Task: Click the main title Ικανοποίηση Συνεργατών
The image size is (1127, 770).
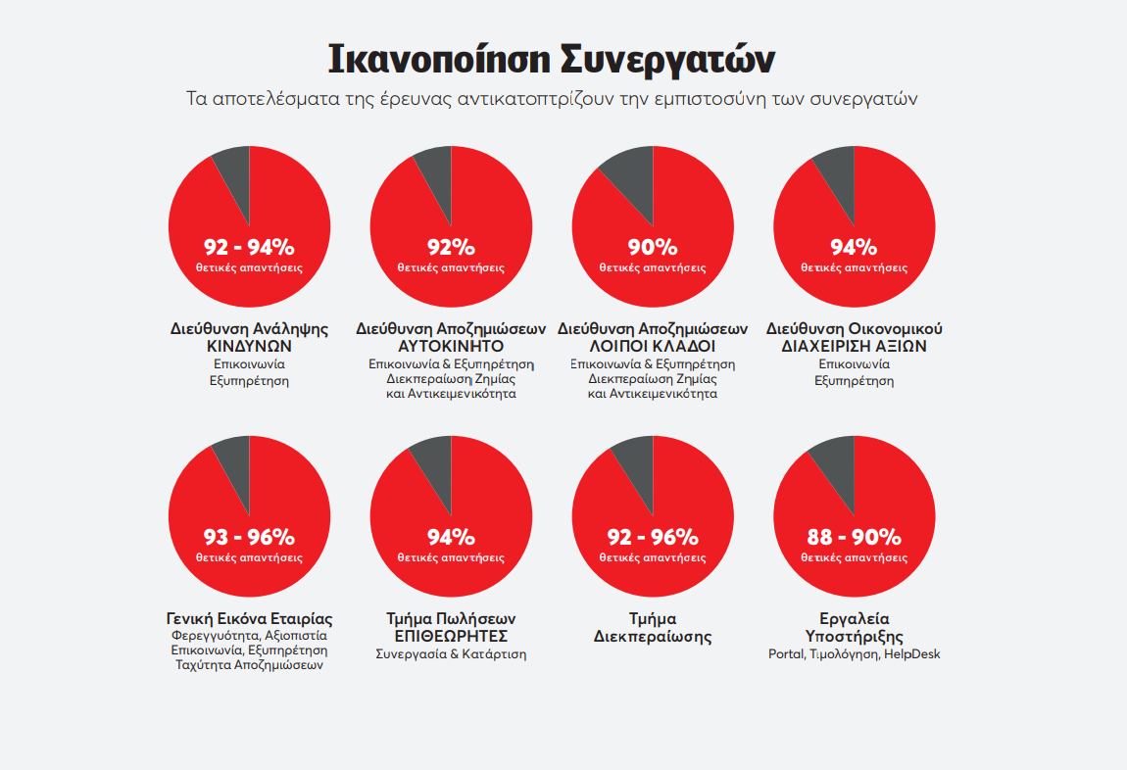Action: click(551, 59)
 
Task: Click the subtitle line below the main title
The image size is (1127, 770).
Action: click(551, 99)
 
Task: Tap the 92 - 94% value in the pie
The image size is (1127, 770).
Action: click(249, 247)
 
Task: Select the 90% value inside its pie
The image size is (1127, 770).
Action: click(653, 247)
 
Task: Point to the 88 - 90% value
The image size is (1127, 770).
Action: click(854, 537)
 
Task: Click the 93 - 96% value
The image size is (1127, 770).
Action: click(249, 537)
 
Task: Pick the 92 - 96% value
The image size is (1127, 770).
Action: click(653, 537)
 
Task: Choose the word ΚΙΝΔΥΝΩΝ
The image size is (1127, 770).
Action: click(249, 347)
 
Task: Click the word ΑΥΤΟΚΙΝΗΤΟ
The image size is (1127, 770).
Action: click(451, 347)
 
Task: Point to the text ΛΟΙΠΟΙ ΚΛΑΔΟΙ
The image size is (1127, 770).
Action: click(653, 347)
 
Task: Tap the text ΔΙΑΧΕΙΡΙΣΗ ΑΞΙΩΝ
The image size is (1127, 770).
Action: click(854, 347)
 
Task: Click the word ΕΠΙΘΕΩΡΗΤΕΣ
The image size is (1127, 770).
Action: click(451, 637)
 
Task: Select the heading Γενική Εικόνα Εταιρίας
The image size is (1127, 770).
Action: click(249, 619)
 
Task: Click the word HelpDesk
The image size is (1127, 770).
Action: click(911, 654)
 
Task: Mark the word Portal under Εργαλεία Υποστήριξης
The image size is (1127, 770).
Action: click(786, 654)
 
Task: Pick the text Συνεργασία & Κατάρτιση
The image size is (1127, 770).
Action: click(451, 654)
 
